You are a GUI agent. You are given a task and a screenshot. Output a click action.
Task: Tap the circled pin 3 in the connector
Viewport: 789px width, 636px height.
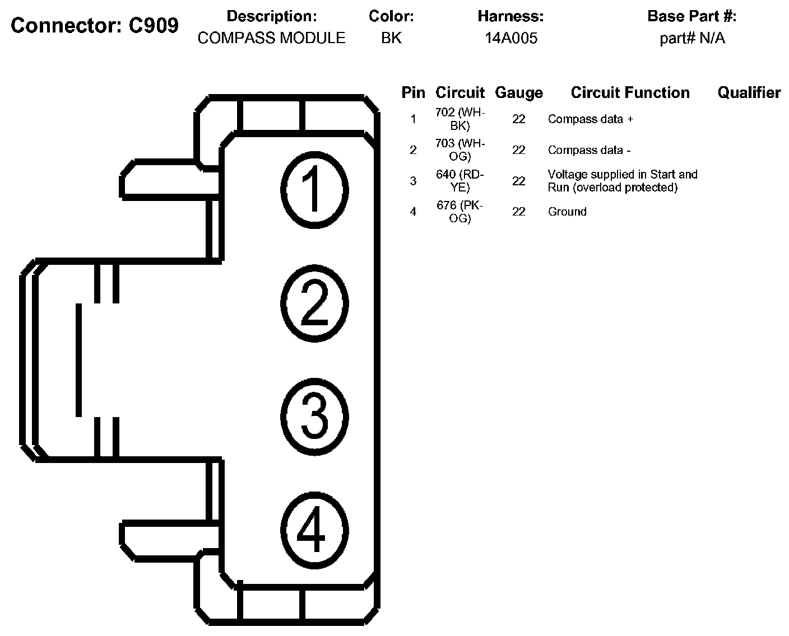(314, 417)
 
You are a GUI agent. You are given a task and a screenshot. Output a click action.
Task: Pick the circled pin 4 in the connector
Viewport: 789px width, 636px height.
(314, 530)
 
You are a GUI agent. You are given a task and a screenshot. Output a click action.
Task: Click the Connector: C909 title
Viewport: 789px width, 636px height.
(95, 25)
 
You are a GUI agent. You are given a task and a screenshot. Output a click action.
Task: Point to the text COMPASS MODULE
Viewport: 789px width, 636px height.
(271, 38)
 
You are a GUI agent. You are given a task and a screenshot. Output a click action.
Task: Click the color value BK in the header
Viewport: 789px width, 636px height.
(391, 38)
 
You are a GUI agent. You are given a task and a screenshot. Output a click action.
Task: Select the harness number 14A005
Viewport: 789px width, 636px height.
(510, 38)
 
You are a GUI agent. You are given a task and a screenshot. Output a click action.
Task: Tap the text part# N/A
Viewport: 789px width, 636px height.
(692, 38)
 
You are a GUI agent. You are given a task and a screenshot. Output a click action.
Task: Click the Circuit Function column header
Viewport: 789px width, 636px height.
(630, 92)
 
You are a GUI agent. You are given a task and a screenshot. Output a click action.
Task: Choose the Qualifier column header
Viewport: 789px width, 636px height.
(749, 92)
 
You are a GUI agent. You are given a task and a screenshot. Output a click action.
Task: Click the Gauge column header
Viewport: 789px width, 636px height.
(518, 92)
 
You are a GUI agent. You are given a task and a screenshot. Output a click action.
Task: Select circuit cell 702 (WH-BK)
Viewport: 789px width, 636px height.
(460, 119)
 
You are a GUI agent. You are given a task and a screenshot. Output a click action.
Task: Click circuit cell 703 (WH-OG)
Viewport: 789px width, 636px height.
(460, 149)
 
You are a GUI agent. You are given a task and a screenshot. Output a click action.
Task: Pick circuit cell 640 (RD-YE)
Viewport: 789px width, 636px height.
(460, 180)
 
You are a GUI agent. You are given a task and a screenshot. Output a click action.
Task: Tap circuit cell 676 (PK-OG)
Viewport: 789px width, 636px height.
(460, 212)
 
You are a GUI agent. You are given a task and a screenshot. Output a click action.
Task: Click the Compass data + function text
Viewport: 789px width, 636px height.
(590, 119)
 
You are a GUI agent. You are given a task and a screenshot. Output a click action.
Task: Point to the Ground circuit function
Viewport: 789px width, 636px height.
(567, 212)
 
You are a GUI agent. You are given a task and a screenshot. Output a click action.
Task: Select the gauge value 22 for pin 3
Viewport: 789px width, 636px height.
(518, 181)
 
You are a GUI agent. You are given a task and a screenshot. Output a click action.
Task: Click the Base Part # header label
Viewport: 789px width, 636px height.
(691, 16)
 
